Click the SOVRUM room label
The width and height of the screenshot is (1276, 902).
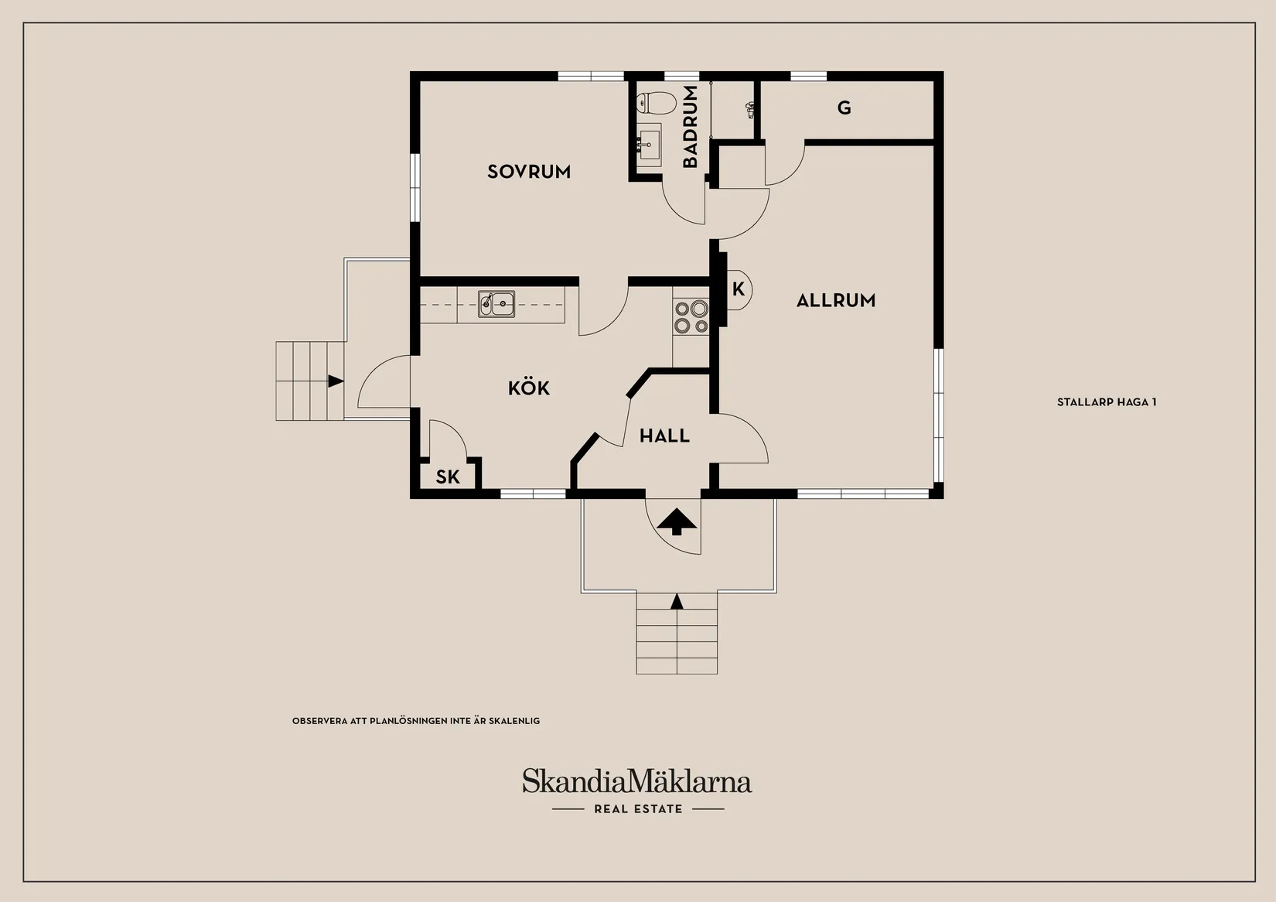pos(529,172)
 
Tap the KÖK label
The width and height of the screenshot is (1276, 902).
pos(529,388)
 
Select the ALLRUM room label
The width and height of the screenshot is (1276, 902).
pos(836,300)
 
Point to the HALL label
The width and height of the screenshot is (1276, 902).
pos(664,436)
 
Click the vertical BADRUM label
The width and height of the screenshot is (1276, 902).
pos(690,127)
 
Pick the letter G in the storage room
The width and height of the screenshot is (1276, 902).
pos(844,107)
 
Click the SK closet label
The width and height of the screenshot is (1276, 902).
pos(448,477)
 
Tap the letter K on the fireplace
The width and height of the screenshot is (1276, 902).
pos(739,289)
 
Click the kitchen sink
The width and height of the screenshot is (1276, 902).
pos(496,304)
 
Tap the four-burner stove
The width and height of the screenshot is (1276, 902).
pos(691,317)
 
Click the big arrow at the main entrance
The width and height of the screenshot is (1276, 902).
pos(676,522)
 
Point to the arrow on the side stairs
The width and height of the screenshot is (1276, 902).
pos(336,381)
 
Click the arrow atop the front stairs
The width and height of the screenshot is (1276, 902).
pos(677,601)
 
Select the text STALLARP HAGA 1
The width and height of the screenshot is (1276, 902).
pos(1107,402)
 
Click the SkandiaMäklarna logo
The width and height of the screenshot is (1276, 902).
pos(637,781)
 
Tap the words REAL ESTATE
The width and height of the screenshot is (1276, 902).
pos(638,809)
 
